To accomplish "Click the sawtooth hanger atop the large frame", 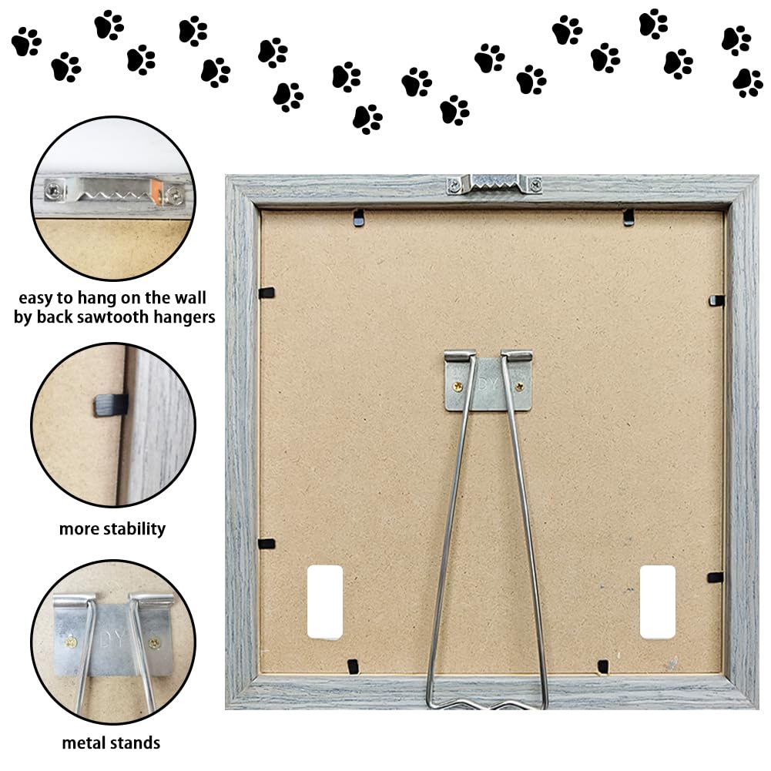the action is pyautogui.click(x=494, y=184).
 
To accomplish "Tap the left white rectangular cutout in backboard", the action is pyautogui.click(x=324, y=602).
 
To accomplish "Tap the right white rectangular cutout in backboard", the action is pyautogui.click(x=658, y=602).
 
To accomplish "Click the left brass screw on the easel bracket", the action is pyautogui.click(x=458, y=387).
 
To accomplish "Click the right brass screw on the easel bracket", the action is pyautogui.click(x=519, y=387).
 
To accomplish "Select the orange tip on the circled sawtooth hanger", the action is pyautogui.click(x=156, y=192).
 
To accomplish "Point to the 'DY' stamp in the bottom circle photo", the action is pyautogui.click(x=112, y=639).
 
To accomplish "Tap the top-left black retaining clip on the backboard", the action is pyautogui.click(x=359, y=218).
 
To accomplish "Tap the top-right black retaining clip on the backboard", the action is pyautogui.click(x=629, y=217).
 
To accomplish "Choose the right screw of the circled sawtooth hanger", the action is pyautogui.click(x=173, y=195).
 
